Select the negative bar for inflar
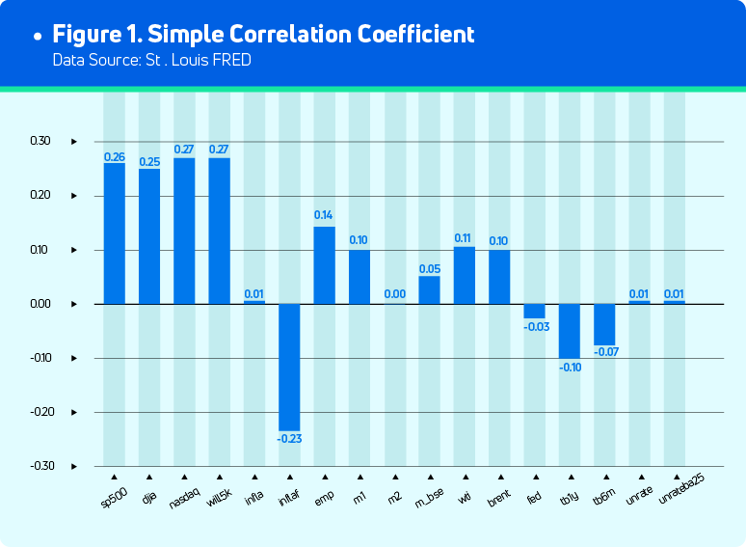pos(290,368)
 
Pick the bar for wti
pos(465,276)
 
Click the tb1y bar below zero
pos(570,331)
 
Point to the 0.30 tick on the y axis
pos(40,141)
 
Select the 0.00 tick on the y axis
pos(40,304)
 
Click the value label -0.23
pos(290,439)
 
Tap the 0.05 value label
pos(430,268)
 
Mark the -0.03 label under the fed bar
pos(535,327)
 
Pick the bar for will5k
pos(220,232)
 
